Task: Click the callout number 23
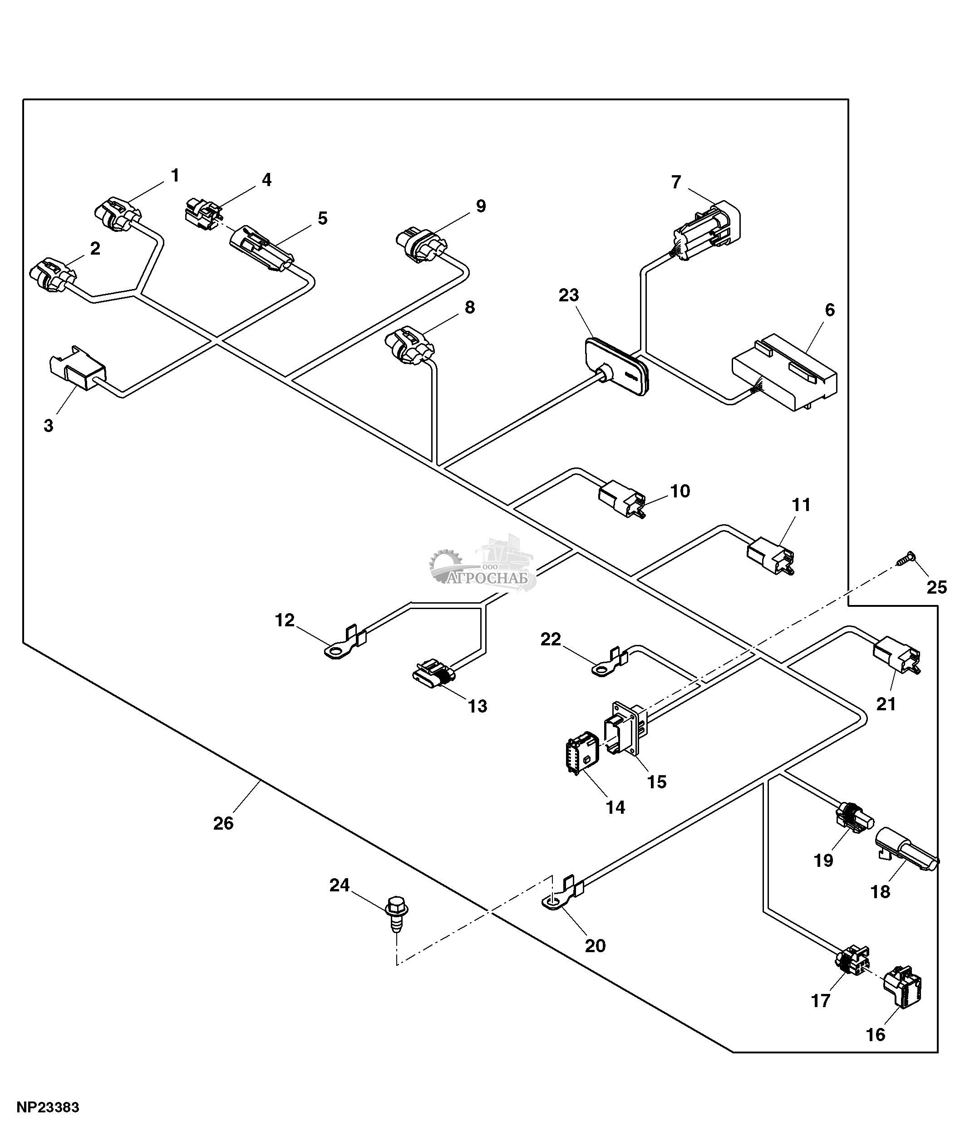point(569,295)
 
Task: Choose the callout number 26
point(223,823)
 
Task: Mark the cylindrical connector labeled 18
point(906,851)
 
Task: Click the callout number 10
point(680,491)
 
